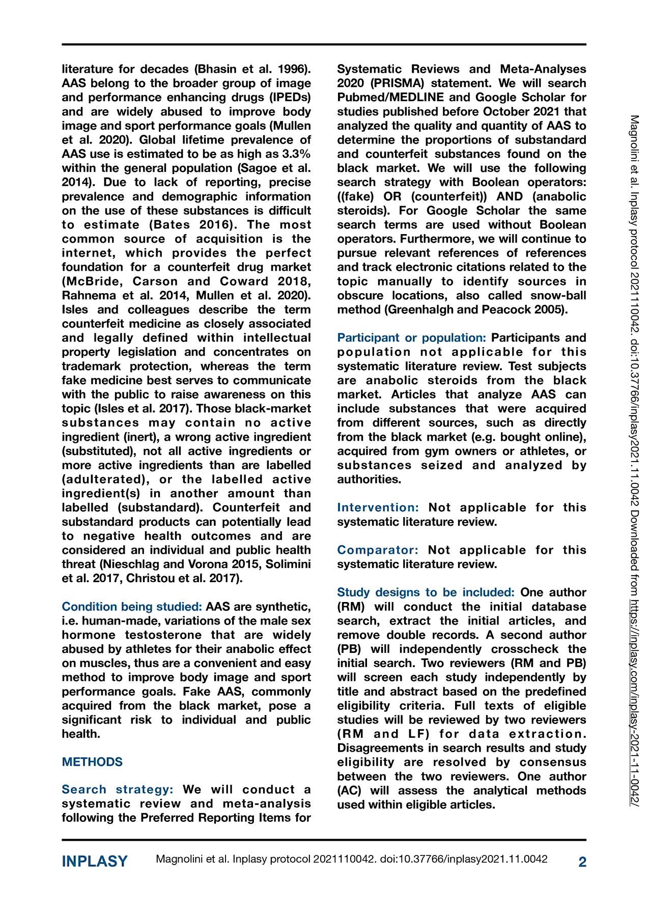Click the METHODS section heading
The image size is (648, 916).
(92, 762)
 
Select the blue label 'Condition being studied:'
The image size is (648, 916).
(132, 607)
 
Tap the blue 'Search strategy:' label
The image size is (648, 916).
(118, 789)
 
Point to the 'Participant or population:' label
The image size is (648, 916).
(411, 338)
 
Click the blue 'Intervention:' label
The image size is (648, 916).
(378, 507)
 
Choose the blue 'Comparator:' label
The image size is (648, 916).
(378, 550)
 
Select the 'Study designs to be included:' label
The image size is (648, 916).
(426, 592)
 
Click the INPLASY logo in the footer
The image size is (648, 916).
(95, 861)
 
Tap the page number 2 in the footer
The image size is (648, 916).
(582, 861)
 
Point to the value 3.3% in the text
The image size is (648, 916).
(296, 154)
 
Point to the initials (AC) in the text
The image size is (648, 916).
(349, 790)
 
